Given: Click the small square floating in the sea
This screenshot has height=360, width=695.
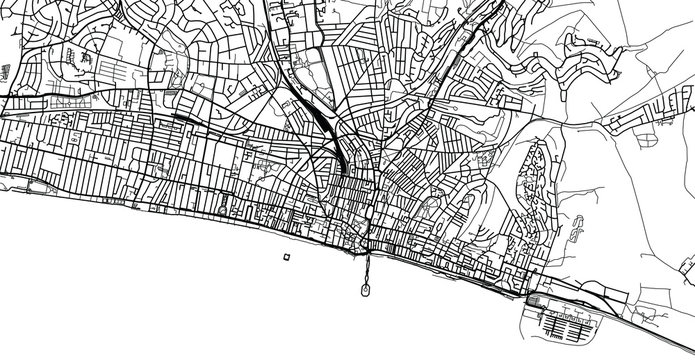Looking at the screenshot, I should pos(287,258).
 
